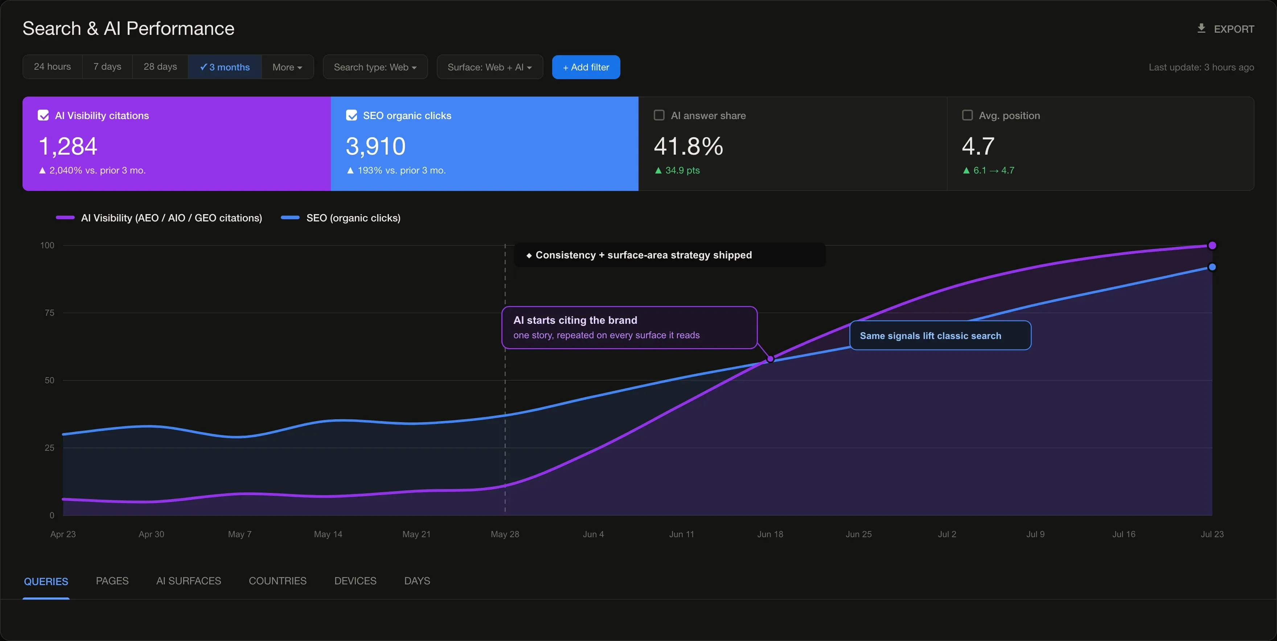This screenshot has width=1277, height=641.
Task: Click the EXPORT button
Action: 1225,29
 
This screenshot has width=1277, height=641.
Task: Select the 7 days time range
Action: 107,66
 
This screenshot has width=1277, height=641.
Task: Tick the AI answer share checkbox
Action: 659,115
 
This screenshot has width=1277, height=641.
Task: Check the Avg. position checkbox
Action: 967,115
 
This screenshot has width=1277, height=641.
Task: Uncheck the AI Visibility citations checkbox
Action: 43,115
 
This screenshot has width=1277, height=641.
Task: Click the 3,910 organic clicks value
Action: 376,146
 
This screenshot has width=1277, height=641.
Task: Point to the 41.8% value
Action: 689,146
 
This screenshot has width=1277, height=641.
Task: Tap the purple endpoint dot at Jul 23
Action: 1212,245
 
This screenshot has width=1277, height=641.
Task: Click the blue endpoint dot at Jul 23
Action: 1212,267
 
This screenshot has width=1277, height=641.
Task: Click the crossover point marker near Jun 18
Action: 770,359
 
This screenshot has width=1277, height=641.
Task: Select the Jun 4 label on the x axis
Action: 594,534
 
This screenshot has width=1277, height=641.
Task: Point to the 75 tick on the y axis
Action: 50,313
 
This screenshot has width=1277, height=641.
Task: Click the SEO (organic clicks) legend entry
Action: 341,218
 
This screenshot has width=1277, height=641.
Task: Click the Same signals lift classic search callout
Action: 940,335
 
